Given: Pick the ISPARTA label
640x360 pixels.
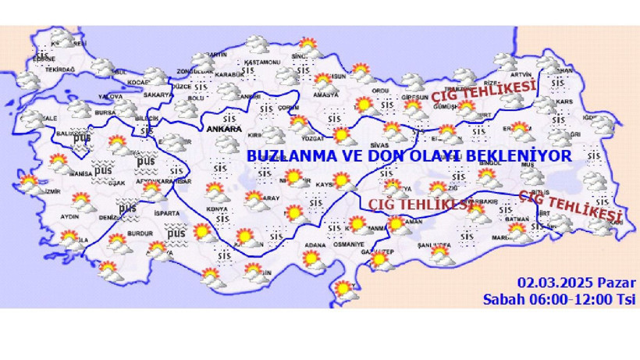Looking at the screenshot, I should (x=167, y=212).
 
